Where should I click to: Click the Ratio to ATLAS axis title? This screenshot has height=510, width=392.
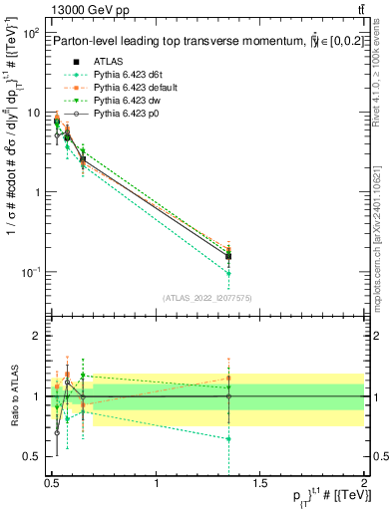click(x=15, y=396)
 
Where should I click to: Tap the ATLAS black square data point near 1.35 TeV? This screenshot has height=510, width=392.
click(x=229, y=257)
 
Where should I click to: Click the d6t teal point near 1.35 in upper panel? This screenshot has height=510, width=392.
click(x=229, y=273)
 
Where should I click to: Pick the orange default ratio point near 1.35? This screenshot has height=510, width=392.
click(x=229, y=379)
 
